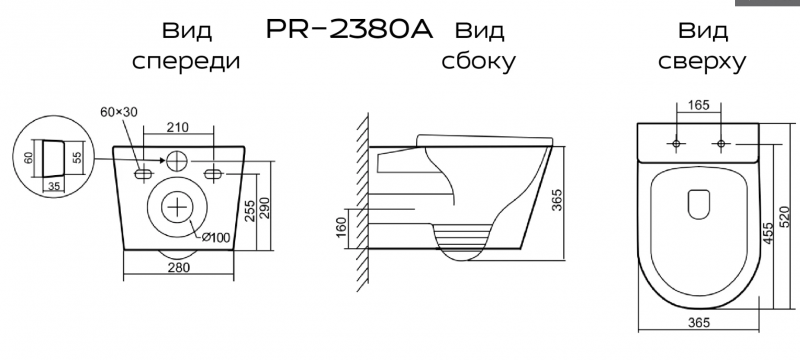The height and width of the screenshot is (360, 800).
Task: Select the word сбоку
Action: tap(478, 62)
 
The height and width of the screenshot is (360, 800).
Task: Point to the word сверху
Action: tap(700, 62)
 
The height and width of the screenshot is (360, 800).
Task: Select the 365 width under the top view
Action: tap(700, 322)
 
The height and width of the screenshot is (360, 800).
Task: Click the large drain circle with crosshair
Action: tap(178, 207)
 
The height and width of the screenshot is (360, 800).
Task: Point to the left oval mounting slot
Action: tap(142, 174)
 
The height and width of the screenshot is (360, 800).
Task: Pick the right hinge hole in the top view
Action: tap(718, 144)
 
